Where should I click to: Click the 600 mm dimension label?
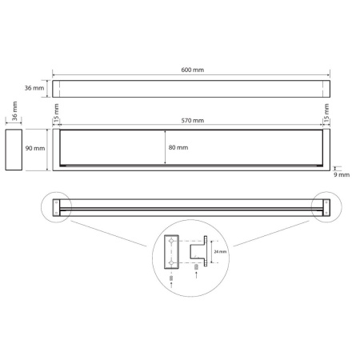(x=193, y=70)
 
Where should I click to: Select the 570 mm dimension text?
(x=193, y=121)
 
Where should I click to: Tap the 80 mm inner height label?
(x=178, y=147)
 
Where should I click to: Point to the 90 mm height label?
(x=35, y=148)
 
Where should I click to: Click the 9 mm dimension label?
(x=342, y=175)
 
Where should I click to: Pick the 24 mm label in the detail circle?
(x=220, y=252)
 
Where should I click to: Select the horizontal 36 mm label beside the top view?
(x=34, y=88)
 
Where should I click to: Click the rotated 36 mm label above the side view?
(x=14, y=110)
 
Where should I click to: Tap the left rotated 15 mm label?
(x=56, y=113)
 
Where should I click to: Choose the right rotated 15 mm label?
(x=326, y=113)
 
